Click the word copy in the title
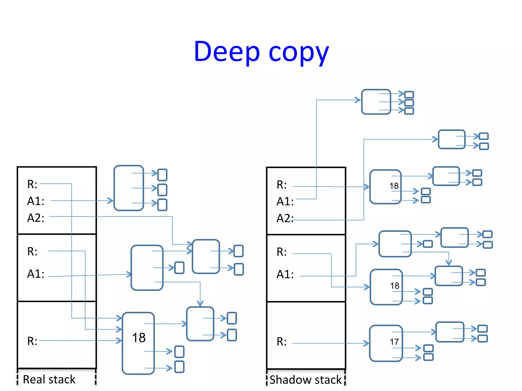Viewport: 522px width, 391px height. (299, 53)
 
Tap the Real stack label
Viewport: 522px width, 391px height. (49, 380)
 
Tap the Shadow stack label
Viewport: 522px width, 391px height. (305, 380)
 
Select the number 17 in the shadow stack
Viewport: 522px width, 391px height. (394, 342)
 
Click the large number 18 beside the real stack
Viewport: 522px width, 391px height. (139, 338)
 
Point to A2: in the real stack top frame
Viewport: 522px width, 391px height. (36, 218)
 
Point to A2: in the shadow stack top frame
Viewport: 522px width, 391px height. (285, 218)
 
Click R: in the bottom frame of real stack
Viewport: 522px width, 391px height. (32, 341)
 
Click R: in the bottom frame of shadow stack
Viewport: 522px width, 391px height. (282, 342)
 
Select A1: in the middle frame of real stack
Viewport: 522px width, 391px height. (36, 274)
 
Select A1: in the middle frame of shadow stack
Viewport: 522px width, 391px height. (285, 274)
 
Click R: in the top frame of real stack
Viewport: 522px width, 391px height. (32, 184)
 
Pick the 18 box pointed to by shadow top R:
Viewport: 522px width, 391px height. (385, 187)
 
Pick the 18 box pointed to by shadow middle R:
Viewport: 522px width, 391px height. (386, 287)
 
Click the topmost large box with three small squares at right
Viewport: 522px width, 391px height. (376, 102)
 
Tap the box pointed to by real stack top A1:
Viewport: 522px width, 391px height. (129, 188)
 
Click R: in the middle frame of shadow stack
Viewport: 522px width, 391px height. (282, 252)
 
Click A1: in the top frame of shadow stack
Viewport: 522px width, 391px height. (285, 202)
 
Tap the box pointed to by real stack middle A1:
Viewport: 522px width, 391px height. (147, 268)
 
